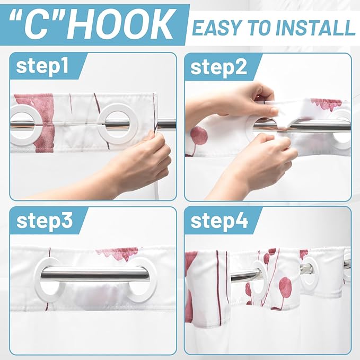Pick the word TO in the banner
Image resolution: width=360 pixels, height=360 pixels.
(256, 27)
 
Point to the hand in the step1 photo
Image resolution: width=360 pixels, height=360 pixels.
(141, 162)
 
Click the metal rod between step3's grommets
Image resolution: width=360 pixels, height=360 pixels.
(95, 274)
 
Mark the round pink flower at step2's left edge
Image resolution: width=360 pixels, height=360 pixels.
(198, 136)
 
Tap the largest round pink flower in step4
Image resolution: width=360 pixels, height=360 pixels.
(285, 287)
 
